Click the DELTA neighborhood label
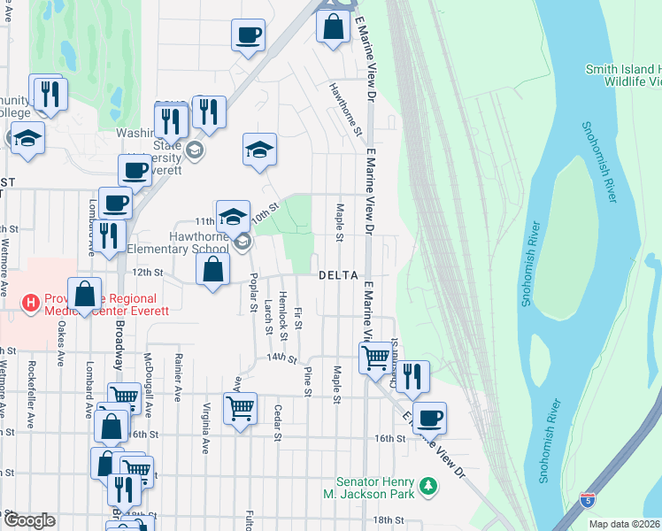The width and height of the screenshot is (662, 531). (x=338, y=275)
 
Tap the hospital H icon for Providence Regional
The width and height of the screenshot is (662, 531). (x=32, y=304)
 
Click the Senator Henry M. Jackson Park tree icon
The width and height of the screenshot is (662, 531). (x=429, y=486)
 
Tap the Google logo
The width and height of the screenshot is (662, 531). (x=28, y=520)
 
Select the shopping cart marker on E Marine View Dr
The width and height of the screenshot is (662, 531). (x=375, y=358)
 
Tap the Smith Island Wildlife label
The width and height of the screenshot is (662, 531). (x=622, y=75)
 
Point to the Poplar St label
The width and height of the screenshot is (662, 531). (x=253, y=301)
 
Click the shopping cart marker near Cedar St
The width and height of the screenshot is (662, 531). (x=240, y=408)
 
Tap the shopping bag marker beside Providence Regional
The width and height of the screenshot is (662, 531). (x=84, y=294)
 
